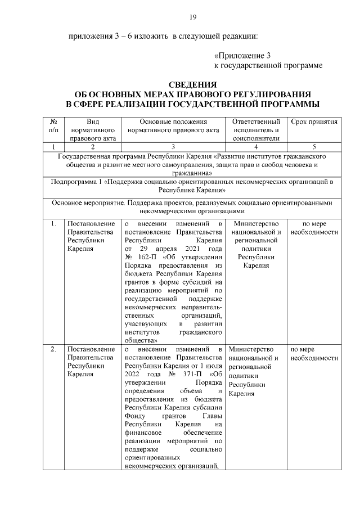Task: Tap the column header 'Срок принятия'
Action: point(314,121)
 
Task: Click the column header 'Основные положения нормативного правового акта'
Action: point(173,126)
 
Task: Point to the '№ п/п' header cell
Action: point(53,126)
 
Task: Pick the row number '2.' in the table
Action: point(53,350)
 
